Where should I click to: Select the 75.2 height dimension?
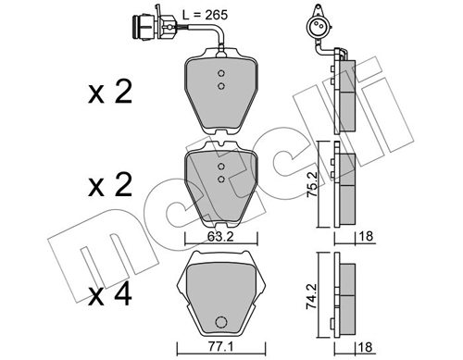tap(312, 182)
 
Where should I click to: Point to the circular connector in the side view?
tap(319, 28)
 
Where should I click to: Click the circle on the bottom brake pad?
tap(222, 323)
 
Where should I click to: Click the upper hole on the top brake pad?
tap(221, 74)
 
